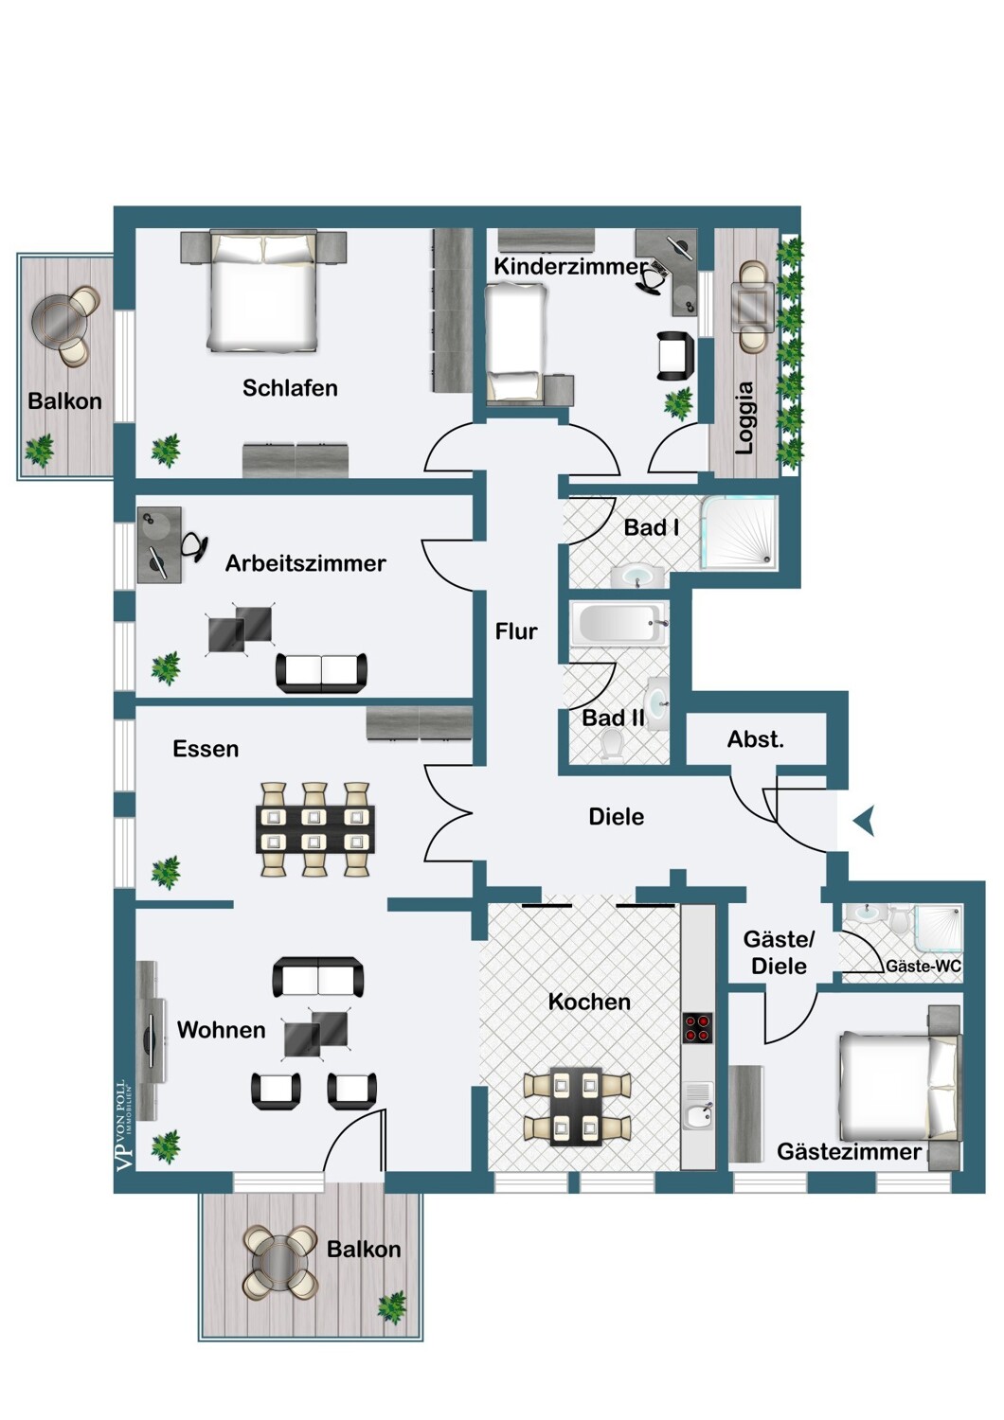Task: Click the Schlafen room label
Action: [x=290, y=388]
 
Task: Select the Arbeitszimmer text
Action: [x=306, y=563]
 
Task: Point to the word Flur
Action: [x=516, y=631]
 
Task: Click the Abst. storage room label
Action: [x=756, y=739]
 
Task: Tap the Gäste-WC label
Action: [x=923, y=967]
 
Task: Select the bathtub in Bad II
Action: [x=619, y=624]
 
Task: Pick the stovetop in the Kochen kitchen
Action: [x=698, y=1028]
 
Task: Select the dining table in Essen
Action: [x=315, y=830]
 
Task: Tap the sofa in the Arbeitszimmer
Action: [x=321, y=672]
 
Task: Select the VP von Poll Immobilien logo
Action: [x=125, y=1125]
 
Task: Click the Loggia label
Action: [x=745, y=417]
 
